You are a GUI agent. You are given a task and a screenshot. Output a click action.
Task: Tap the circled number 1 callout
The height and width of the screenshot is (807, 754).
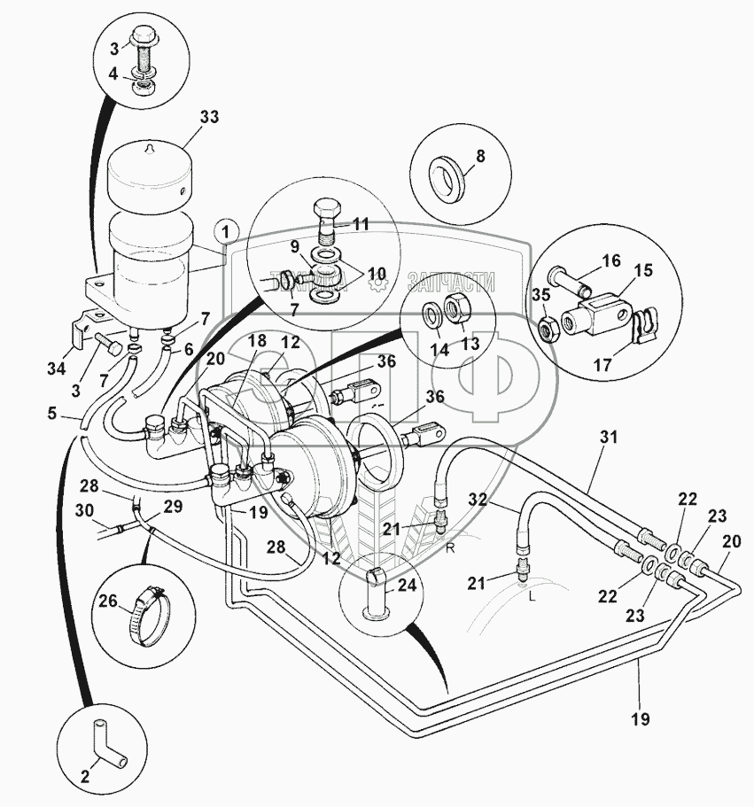coord(226,232)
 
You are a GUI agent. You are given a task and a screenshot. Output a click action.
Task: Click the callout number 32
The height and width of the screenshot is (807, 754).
coord(477,500)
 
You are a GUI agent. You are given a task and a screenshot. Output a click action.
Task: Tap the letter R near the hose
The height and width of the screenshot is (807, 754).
coord(450,547)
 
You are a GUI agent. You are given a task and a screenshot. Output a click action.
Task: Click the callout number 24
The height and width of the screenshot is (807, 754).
coord(406,585)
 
